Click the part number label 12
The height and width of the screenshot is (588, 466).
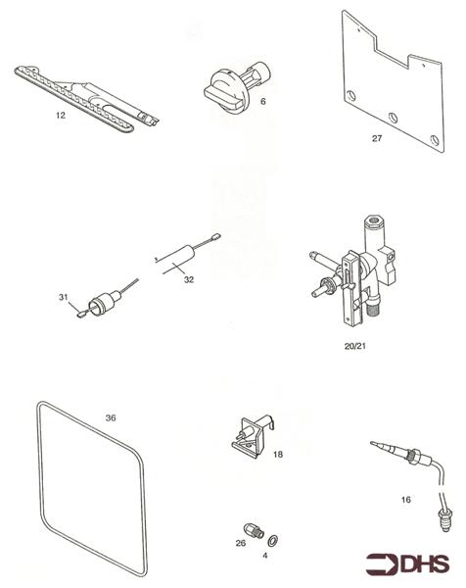pos(61,115)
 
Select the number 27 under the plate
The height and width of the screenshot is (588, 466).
pos(377,138)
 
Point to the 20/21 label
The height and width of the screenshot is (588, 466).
pos(354,346)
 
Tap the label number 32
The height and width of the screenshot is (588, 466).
pos(189,279)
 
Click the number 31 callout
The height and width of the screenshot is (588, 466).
pos(64,297)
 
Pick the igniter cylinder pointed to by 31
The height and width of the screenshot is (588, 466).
pos(102,302)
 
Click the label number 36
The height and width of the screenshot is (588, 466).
pos(111,417)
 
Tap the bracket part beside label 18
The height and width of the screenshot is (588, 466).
pos(254,437)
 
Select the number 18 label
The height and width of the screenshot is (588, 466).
pos(278,455)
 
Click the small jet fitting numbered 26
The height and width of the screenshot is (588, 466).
pos(254,530)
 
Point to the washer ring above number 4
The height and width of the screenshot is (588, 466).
pos(273,541)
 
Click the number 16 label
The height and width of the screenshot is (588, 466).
pos(405,500)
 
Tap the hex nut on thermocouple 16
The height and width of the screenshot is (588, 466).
pos(413,456)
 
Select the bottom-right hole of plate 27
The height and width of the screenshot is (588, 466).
pos(434,140)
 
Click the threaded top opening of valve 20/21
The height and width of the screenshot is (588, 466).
pos(373,220)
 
